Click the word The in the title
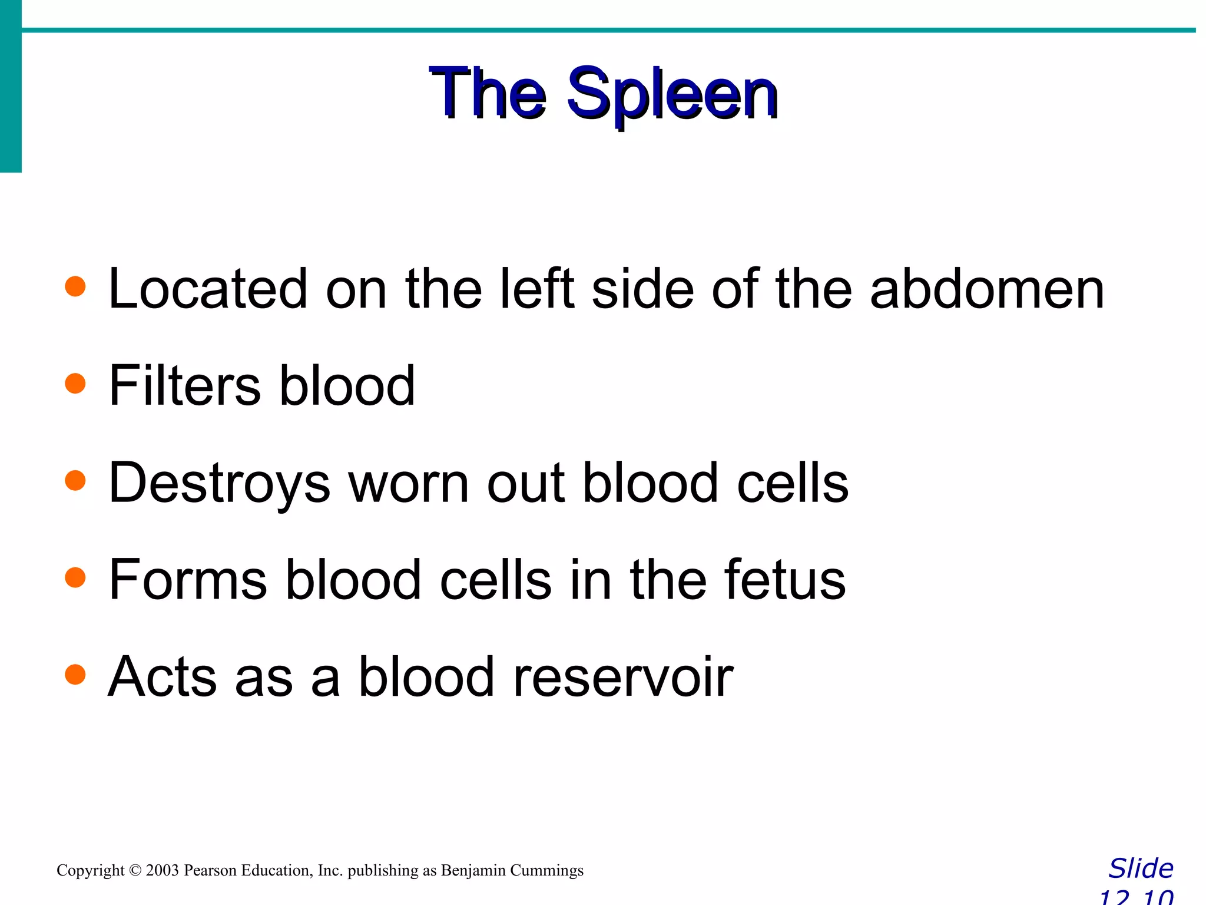point(488,94)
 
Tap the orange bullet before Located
point(75,287)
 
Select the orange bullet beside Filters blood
point(75,384)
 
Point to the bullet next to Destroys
point(75,480)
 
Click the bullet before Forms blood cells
point(75,577)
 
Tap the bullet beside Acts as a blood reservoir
point(75,674)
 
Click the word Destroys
point(219,483)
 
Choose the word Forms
point(188,580)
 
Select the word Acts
point(162,677)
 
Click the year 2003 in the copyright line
point(162,870)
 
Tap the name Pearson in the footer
point(209,870)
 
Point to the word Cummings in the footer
point(546,870)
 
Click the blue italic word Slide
point(1141,868)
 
